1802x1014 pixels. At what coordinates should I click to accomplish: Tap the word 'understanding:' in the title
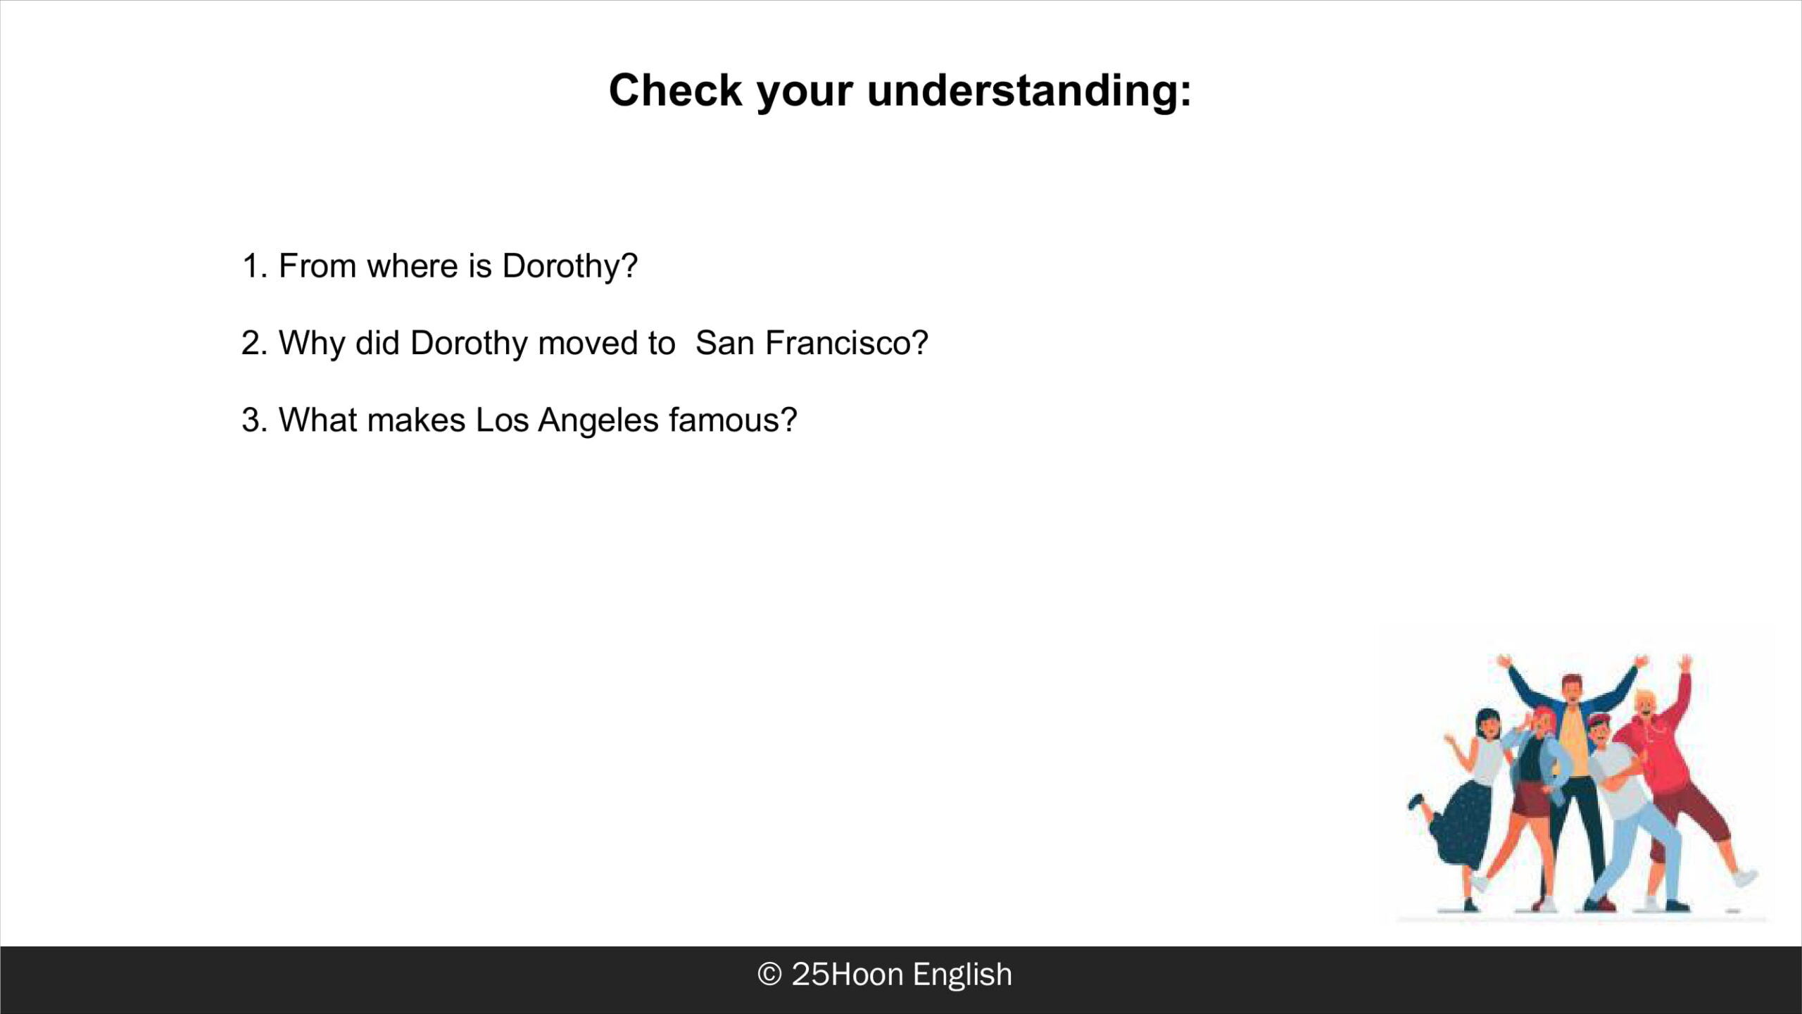1029,92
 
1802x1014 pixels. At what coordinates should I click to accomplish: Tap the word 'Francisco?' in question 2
847,344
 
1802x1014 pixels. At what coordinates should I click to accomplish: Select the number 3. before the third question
255,420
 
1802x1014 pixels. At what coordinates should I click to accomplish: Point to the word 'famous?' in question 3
733,420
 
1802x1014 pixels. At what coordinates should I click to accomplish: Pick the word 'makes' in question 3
416,420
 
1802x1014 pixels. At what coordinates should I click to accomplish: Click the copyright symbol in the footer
769,975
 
